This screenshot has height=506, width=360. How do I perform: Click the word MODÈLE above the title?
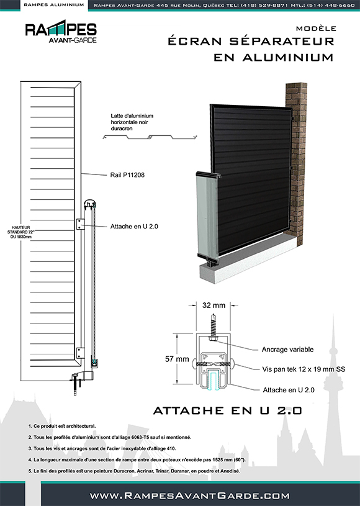click(x=316, y=29)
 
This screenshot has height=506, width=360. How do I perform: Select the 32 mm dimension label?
click(x=214, y=306)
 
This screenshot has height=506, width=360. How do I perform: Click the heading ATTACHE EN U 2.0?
click(x=227, y=410)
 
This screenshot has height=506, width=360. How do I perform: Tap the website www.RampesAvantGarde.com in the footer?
click(x=190, y=495)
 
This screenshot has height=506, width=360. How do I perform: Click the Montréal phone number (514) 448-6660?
click(x=330, y=5)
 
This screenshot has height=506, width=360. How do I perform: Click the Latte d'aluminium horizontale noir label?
click(x=132, y=120)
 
